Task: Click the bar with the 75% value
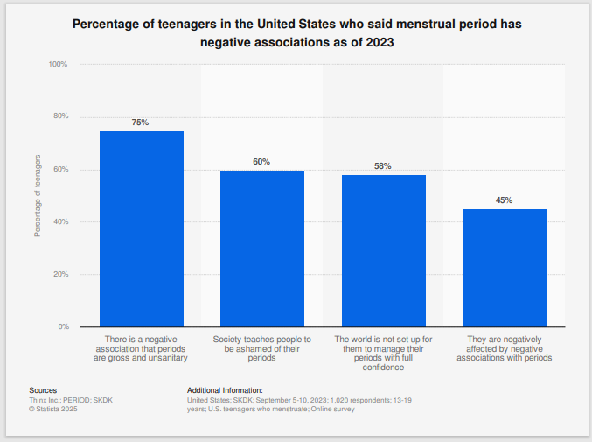click(141, 228)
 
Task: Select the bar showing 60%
click(261, 249)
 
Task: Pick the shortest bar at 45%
click(505, 268)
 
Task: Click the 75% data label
click(141, 123)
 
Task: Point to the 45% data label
click(505, 200)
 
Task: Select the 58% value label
click(383, 166)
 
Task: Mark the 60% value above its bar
click(261, 162)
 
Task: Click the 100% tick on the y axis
click(58, 65)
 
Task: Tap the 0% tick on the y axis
click(63, 326)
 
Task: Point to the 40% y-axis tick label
click(60, 222)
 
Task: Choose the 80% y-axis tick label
click(60, 117)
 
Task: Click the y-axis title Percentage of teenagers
click(38, 195)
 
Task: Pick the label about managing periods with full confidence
click(383, 350)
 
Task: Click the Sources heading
click(43, 390)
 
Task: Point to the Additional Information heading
click(225, 390)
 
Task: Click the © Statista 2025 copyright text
click(53, 408)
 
